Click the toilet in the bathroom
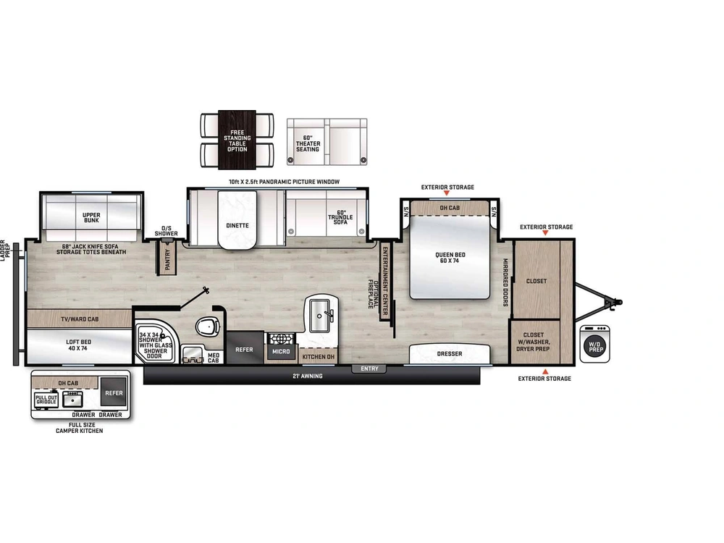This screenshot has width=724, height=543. click(x=207, y=327)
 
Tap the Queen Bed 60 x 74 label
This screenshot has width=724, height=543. click(x=450, y=258)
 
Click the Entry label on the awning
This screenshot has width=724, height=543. click(x=369, y=369)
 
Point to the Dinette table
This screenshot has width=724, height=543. click(x=237, y=226)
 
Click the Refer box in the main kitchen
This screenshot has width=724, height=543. click(x=245, y=350)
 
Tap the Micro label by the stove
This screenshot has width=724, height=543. click(x=281, y=352)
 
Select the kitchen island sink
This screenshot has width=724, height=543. click(x=320, y=313)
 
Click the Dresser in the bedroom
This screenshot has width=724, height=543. click(x=449, y=354)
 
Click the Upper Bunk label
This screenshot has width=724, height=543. click(x=91, y=216)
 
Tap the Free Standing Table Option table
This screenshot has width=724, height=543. click(x=237, y=140)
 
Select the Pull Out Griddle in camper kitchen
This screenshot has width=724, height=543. click(x=46, y=399)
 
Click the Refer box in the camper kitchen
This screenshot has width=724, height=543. click(x=114, y=393)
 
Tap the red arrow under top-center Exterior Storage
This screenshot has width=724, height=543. click(x=448, y=194)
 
